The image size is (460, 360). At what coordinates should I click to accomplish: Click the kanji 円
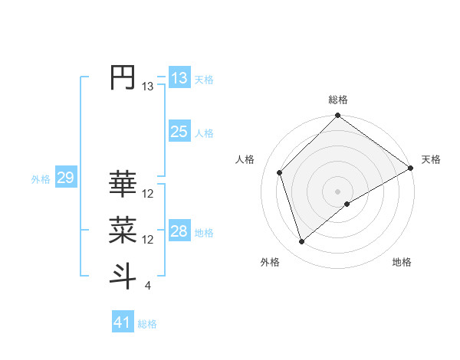tap(123, 77)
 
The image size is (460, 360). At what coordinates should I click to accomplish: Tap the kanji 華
tap(123, 184)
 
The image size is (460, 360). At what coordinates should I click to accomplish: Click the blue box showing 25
tap(179, 132)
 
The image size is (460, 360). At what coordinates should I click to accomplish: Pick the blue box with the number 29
tap(65, 178)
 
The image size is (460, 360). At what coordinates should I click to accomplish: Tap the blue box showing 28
tap(179, 231)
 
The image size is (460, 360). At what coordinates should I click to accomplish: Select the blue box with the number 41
tap(123, 322)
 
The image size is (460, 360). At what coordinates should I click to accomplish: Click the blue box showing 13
tap(179, 77)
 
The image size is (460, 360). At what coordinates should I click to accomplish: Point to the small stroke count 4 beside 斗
tap(147, 286)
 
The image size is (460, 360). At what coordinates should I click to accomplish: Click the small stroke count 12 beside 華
tap(148, 194)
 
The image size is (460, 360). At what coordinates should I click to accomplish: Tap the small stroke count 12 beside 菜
tap(148, 240)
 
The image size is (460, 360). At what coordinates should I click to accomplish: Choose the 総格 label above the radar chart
tap(338, 100)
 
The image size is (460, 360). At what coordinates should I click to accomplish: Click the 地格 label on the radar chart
tap(402, 263)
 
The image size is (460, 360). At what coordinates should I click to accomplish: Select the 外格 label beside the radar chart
tap(270, 263)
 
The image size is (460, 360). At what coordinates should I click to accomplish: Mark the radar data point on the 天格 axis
tap(411, 169)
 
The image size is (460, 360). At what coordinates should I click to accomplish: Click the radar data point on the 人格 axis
tap(280, 172)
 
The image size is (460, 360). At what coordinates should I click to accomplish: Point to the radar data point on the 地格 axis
tap(347, 204)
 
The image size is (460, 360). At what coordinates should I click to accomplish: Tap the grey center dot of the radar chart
tap(338, 191)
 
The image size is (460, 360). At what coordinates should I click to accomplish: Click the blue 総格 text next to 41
tap(147, 324)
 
